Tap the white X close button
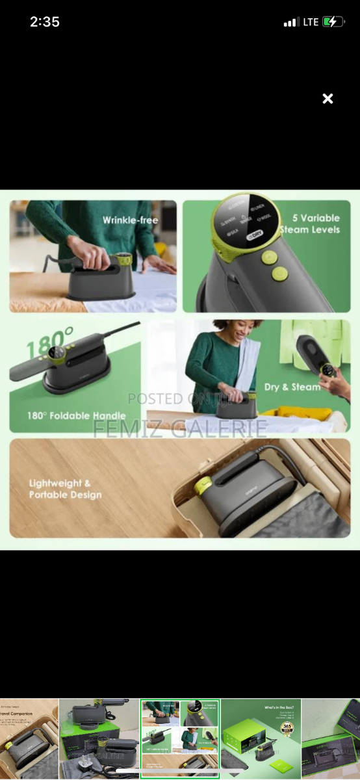(x=328, y=99)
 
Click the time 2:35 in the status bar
(x=45, y=22)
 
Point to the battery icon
(x=333, y=22)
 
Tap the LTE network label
(x=311, y=22)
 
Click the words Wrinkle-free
(x=130, y=220)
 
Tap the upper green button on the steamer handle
(x=270, y=257)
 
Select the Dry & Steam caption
(x=292, y=387)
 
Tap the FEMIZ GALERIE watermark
(x=180, y=428)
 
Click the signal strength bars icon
(x=290, y=23)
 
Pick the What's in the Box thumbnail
(x=261, y=738)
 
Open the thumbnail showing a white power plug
(x=99, y=738)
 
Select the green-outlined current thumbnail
(x=180, y=738)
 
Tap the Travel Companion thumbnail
(x=29, y=738)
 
